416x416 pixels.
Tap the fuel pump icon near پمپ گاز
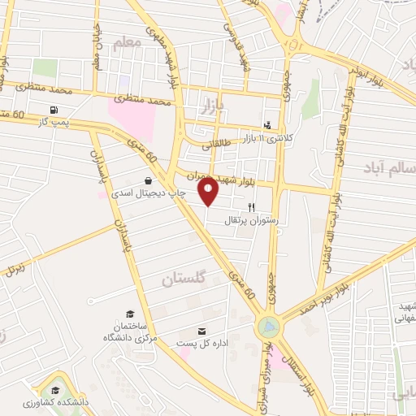pyautogui.click(x=54, y=110)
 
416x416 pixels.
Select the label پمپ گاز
pyautogui.click(x=54, y=121)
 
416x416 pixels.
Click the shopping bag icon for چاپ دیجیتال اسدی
pyautogui.click(x=148, y=180)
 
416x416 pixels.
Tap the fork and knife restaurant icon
pyautogui.click(x=251, y=207)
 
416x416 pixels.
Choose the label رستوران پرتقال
pyautogui.click(x=251, y=219)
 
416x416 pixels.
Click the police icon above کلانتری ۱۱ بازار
pyautogui.click(x=266, y=125)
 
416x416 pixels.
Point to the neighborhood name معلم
pyautogui.click(x=127, y=45)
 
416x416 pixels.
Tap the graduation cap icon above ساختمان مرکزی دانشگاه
pyautogui.click(x=129, y=314)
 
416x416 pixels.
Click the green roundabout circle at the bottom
pyautogui.click(x=266, y=327)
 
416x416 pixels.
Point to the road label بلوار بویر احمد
pyautogui.click(x=353, y=284)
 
